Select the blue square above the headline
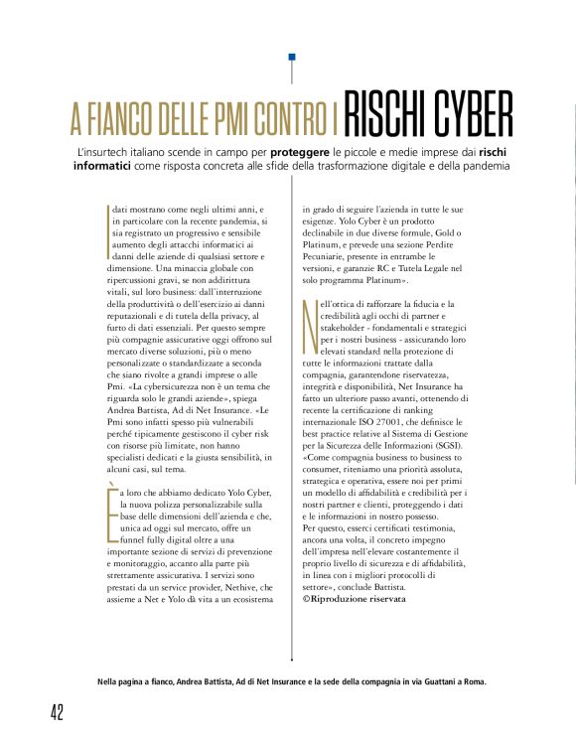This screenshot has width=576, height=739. click(x=291, y=58)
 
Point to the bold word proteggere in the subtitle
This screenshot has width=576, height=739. click(x=300, y=151)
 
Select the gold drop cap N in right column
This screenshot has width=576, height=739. click(x=309, y=328)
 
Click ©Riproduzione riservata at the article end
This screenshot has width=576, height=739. click(x=355, y=601)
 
